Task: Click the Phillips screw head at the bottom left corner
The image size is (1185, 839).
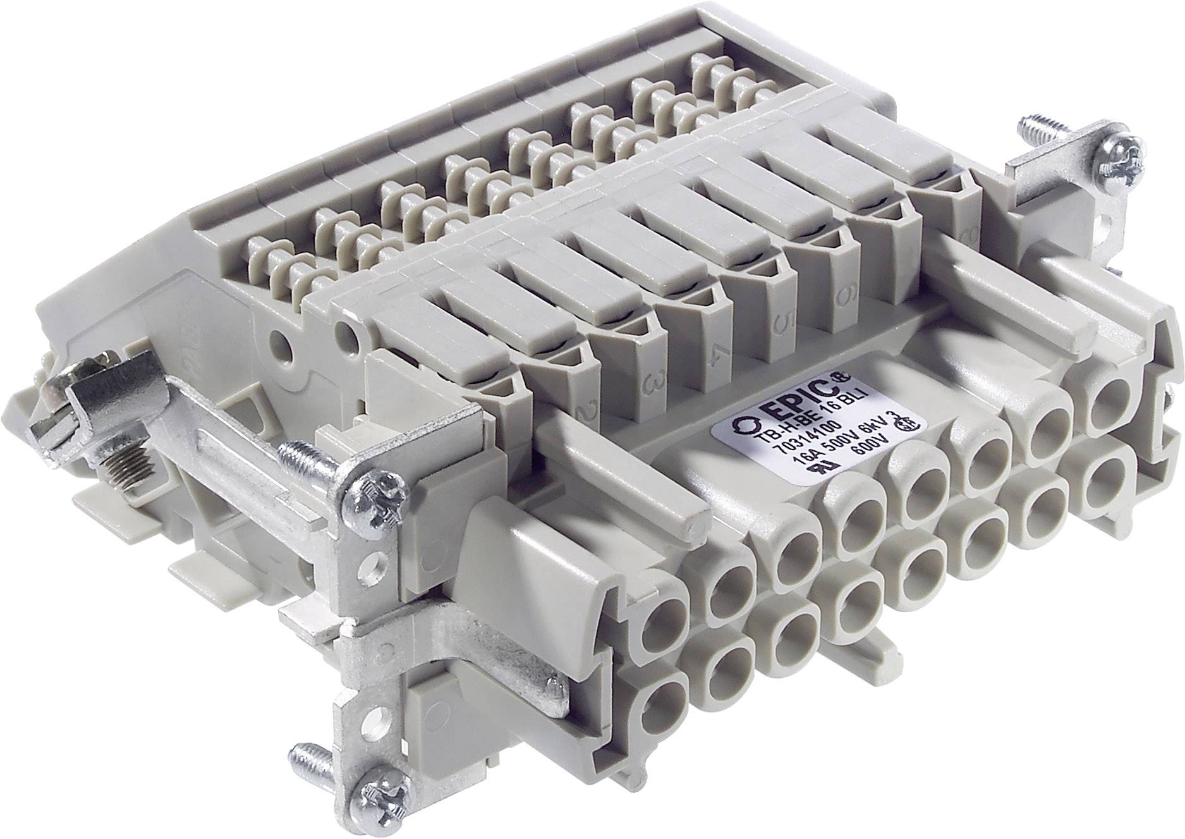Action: point(373,787)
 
